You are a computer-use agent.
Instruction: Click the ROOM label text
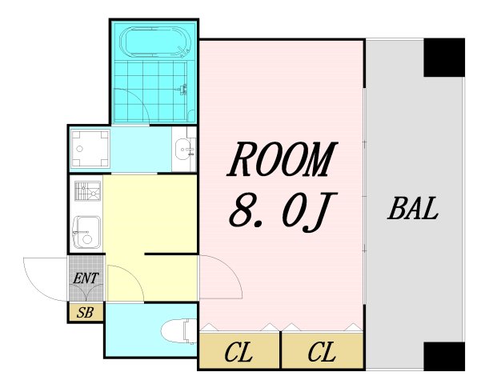point(283,159)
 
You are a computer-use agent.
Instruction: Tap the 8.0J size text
point(283,212)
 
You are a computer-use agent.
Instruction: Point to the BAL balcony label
point(413,209)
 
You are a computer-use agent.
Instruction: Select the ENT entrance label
point(86,278)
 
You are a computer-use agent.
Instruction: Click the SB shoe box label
point(85,312)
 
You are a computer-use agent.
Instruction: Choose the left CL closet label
point(238,352)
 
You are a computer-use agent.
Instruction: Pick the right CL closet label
point(322,352)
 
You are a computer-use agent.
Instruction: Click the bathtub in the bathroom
point(155,42)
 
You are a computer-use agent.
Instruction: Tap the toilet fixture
point(179,330)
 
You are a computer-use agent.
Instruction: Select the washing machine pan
point(90,148)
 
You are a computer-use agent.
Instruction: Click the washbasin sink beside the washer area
point(184,150)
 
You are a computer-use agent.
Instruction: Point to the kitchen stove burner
point(88,190)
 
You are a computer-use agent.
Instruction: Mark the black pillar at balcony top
point(444,58)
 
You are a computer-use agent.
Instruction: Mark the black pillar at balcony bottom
point(444,356)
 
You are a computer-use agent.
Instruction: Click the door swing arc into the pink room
point(232,269)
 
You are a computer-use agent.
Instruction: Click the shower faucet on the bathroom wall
point(184,90)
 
